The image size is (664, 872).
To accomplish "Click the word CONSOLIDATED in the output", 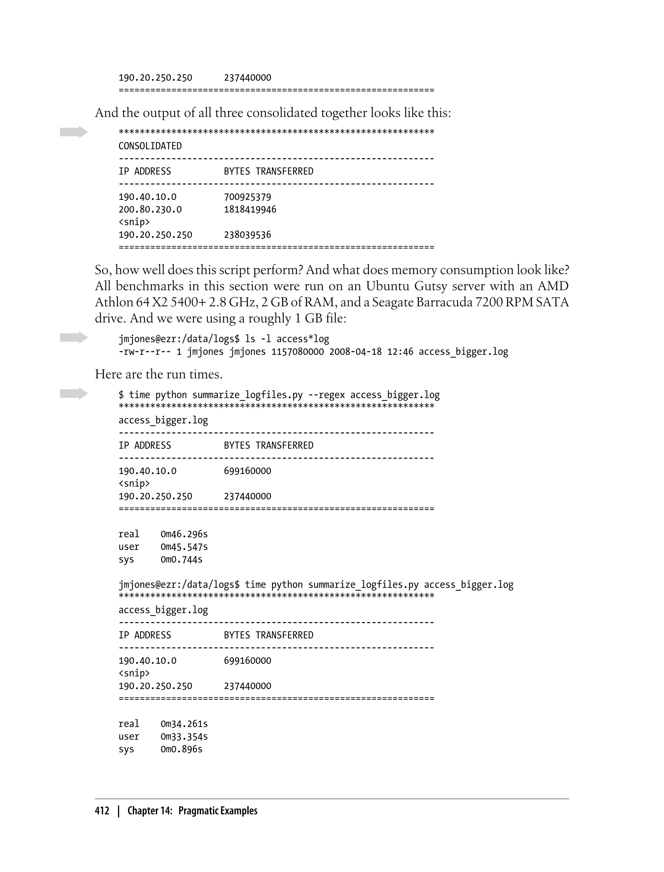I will click(150, 146).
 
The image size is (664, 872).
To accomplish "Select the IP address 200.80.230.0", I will click(150, 210).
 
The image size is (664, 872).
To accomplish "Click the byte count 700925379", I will click(247, 197).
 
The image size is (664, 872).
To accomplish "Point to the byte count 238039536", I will click(247, 235).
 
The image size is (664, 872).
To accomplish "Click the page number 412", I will click(102, 811).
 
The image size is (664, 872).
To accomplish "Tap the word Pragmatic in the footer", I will click(197, 811).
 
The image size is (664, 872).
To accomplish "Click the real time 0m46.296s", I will click(184, 534).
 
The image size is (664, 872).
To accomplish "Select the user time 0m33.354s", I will click(184, 737).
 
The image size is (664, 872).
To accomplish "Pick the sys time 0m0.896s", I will click(182, 749).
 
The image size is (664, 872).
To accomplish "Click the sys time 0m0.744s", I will click(182, 560).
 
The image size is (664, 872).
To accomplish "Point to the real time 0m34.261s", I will click(184, 724).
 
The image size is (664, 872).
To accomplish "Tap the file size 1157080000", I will click(297, 352).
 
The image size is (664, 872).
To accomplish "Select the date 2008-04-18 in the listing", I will click(355, 352).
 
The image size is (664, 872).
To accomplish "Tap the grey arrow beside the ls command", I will click(74, 338).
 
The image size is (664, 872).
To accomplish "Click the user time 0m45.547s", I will click(184, 547).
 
